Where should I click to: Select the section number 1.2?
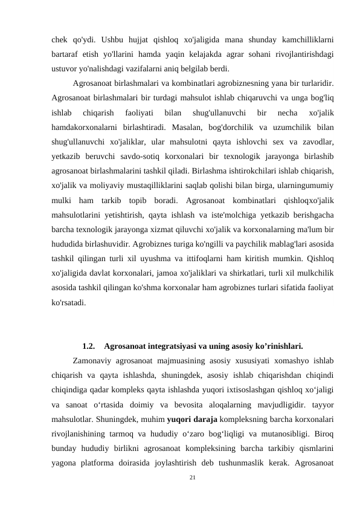click(88, 347)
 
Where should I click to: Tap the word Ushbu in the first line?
click(114, 41)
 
